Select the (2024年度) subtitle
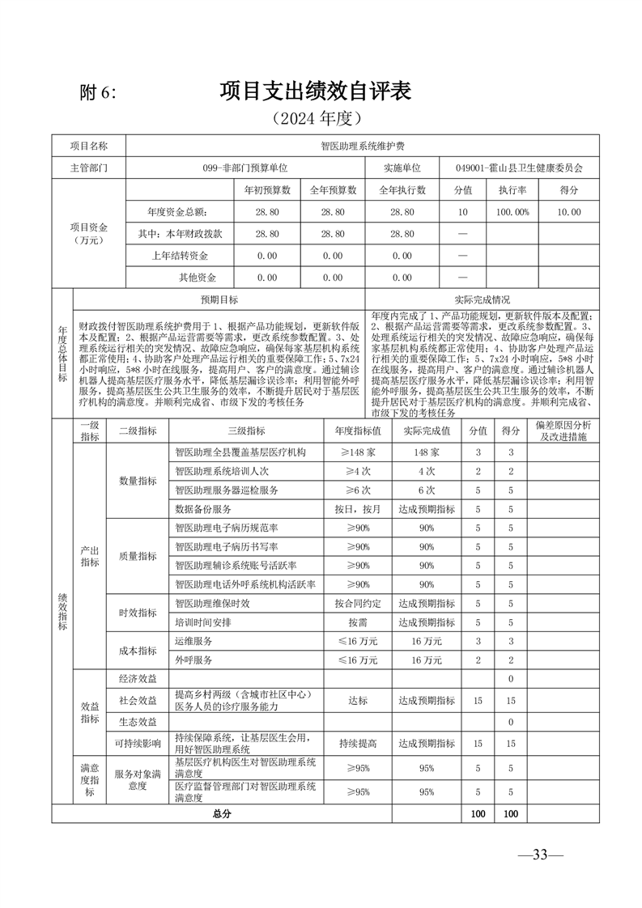pos(316,119)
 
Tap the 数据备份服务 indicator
pos(203,509)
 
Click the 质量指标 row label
pos(138,556)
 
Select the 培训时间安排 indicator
pos(203,623)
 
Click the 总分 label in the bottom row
pos(221,813)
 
